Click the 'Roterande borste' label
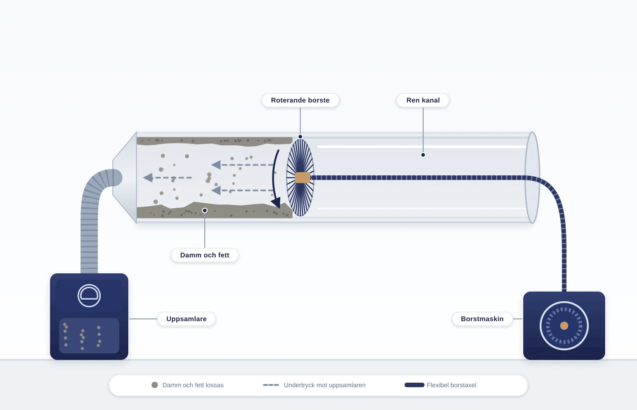click(x=300, y=100)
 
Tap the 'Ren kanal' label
click(x=423, y=100)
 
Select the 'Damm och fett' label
click(x=204, y=255)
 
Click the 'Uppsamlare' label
click(x=186, y=319)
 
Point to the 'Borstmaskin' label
click(x=482, y=319)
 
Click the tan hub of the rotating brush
click(x=303, y=178)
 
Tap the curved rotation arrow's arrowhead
click(x=276, y=202)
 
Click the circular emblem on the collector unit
click(x=89, y=296)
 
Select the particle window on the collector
click(x=89, y=336)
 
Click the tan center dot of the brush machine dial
click(x=564, y=326)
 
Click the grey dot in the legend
click(x=155, y=385)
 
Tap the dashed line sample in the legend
click(x=271, y=385)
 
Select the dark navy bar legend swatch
click(x=415, y=385)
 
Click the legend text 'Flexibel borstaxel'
click(x=451, y=385)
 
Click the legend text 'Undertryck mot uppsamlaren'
click(x=324, y=385)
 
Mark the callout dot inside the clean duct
click(x=423, y=155)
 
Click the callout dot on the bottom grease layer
click(x=205, y=210)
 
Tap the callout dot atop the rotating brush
click(x=300, y=137)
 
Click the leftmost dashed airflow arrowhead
click(x=148, y=178)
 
